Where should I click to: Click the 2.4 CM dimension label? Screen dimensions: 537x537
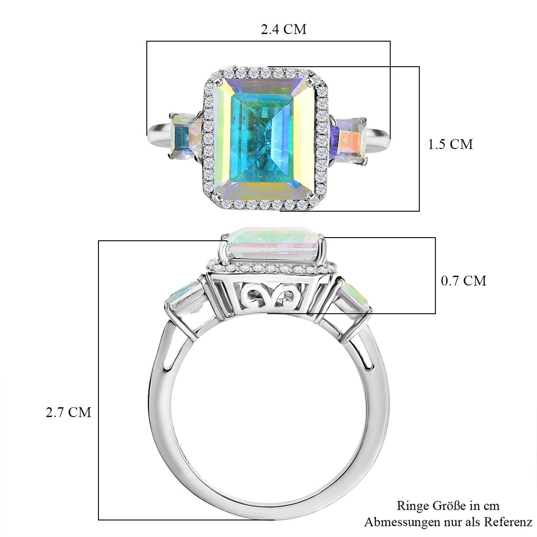pyautogui.click(x=283, y=29)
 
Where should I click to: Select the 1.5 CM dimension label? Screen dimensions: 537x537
pyautogui.click(x=450, y=145)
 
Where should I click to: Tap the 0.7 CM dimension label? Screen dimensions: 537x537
pyautogui.click(x=464, y=281)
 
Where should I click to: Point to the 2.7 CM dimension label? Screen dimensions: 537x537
pyautogui.click(x=68, y=413)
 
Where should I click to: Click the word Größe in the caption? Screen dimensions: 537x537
pyautogui.click(x=450, y=498)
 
